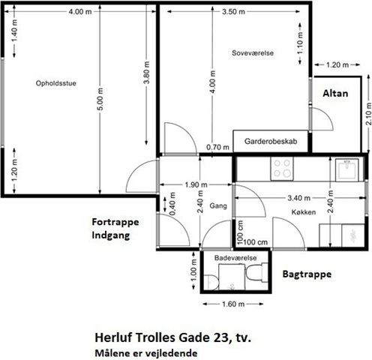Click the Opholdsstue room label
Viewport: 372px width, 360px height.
coord(56,83)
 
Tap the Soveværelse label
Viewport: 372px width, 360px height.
coord(253,53)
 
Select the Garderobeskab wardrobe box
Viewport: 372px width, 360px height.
coord(271,141)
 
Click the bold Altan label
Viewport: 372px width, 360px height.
coord(335,94)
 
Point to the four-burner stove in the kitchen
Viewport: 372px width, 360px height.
coord(282,168)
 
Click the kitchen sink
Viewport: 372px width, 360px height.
coord(347,170)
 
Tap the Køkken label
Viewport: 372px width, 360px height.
coord(304,212)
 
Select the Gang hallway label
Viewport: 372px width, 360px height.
coord(218,206)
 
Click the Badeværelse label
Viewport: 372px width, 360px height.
coord(235,258)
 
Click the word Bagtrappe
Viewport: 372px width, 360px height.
coord(307,274)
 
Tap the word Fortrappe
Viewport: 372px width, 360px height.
coord(115,222)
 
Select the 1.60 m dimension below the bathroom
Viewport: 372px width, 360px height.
coord(233,304)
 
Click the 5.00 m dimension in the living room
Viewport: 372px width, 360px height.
coord(100,99)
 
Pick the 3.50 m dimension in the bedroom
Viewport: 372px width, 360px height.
coord(233,11)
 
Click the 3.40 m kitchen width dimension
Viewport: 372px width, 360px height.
coord(298,198)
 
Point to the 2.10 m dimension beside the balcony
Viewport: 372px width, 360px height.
coord(368,114)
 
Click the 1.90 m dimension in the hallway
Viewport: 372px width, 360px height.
coord(196,184)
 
